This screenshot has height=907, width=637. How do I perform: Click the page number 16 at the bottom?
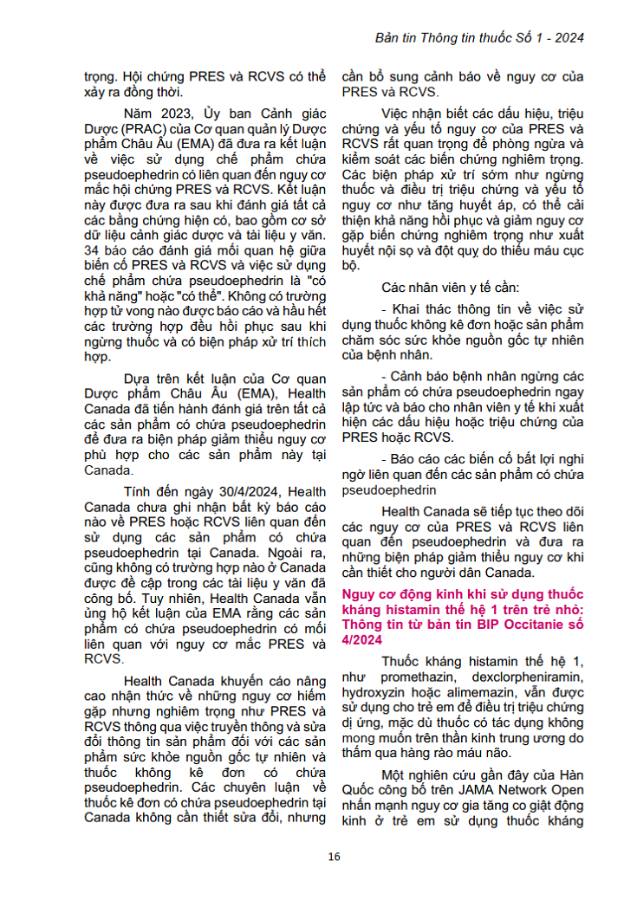pos(335,857)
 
